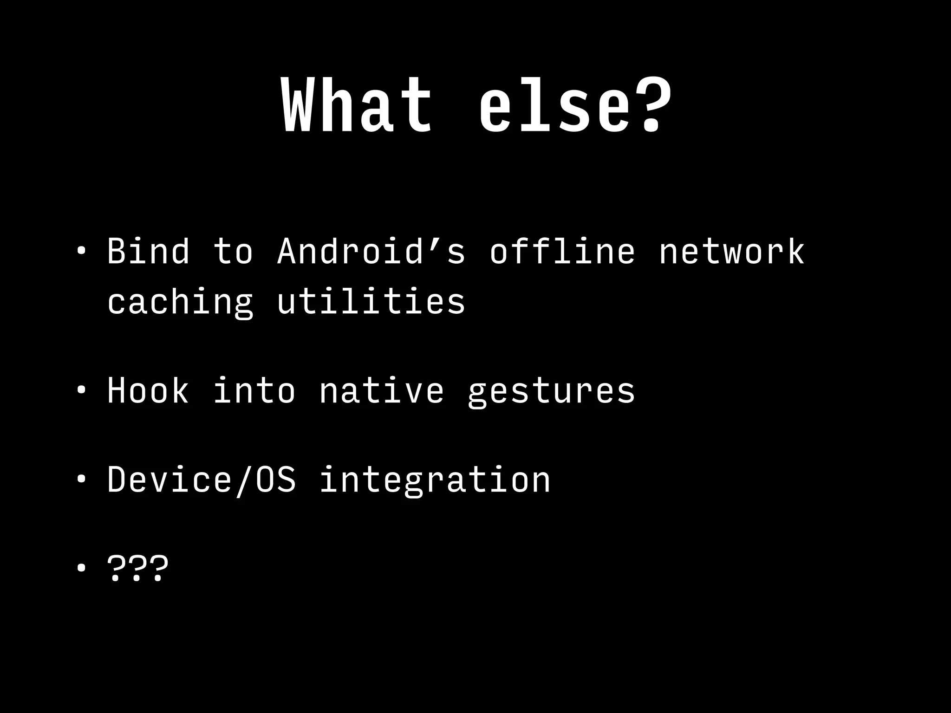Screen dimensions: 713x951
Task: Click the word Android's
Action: [371, 252]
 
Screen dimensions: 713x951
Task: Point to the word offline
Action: [562, 252]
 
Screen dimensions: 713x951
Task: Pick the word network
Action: [732, 252]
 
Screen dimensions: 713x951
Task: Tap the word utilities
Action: [371, 301]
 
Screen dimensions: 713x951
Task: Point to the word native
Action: [382, 391]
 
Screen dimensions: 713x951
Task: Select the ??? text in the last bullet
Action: [137, 568]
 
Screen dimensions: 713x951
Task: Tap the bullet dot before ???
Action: [81, 568]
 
